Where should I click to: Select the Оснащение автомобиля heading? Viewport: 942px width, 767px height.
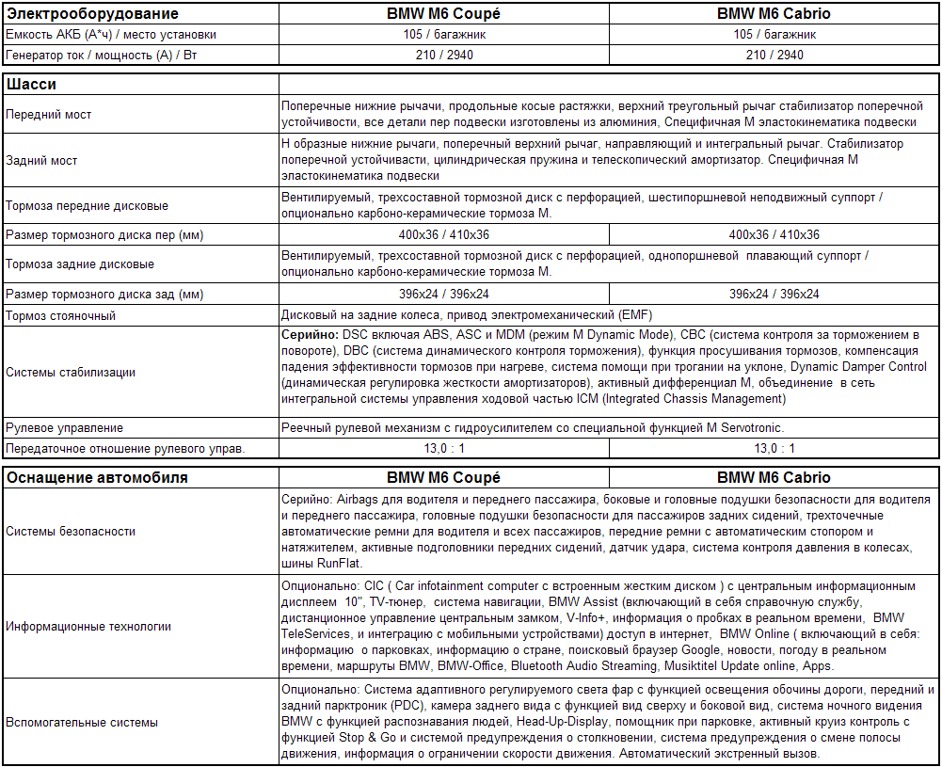[97, 477]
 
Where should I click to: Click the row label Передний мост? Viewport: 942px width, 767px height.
[49, 115]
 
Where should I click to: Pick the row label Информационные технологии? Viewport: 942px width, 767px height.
[88, 626]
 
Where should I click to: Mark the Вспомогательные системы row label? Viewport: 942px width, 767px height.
[82, 723]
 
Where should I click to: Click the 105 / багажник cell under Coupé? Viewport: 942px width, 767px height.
[444, 34]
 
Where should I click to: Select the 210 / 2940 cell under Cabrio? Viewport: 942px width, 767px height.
[774, 55]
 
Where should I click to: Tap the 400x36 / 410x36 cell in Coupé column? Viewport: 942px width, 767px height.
[444, 234]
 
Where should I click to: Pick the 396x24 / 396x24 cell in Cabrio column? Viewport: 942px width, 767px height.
[774, 294]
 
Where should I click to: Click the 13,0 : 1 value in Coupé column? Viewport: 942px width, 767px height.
[444, 448]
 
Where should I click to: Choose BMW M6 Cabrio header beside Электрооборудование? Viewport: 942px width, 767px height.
[774, 14]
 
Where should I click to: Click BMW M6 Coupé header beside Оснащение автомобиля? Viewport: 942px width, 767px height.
[444, 477]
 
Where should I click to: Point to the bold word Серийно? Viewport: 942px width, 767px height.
[310, 335]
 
